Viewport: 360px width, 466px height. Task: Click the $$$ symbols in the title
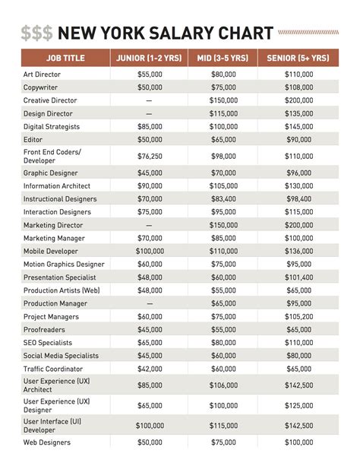tap(37, 33)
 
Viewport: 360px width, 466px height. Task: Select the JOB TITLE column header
tap(65, 57)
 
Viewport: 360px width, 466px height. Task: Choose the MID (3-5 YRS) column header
tap(223, 57)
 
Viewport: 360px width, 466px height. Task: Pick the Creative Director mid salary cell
tap(223, 100)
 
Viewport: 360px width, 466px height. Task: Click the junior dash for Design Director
tap(149, 113)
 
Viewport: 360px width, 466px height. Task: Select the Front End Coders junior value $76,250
tap(149, 156)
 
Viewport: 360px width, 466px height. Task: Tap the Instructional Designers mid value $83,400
tap(223, 198)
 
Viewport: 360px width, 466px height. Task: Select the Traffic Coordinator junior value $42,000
tap(149, 369)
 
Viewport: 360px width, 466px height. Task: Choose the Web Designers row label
tap(47, 442)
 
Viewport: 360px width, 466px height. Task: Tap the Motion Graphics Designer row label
tap(64, 264)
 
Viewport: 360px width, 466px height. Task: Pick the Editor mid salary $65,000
tap(223, 139)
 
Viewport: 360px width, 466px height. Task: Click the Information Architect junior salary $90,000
tap(149, 185)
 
